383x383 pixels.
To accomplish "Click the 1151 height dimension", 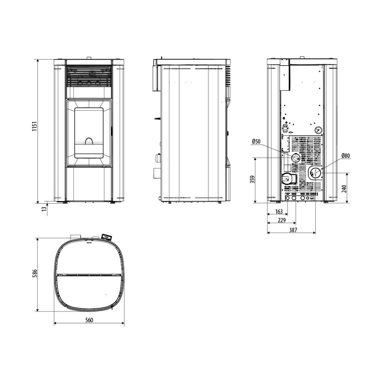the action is coord(35,126).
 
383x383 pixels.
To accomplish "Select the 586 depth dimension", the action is coord(35,273).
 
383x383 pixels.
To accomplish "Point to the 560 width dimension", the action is coord(89,320).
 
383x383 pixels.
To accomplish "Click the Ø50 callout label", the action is coord(256,142).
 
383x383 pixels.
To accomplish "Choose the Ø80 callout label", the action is coord(346,156).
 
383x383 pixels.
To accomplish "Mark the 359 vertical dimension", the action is coord(252,180).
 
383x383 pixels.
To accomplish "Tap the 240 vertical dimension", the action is coord(344,189).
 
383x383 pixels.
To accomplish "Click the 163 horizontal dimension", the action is coord(279,212).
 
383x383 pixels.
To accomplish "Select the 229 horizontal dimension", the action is coord(282,220).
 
